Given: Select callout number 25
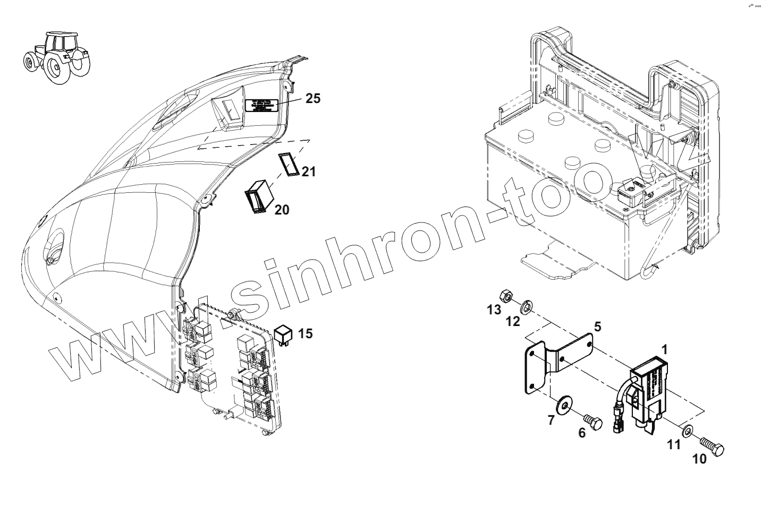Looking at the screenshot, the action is pyautogui.click(x=314, y=98).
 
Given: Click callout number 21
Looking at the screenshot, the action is pyautogui.click(x=308, y=171).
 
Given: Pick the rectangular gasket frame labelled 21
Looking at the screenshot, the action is pyautogui.click(x=289, y=164).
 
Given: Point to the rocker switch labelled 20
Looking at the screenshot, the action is pyautogui.click(x=258, y=196).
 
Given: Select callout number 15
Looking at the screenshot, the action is pyautogui.click(x=305, y=333).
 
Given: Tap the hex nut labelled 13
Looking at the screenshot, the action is pyautogui.click(x=506, y=295).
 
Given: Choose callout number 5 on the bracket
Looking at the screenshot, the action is pyautogui.click(x=597, y=327).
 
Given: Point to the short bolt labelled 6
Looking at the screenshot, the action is pyautogui.click(x=594, y=423).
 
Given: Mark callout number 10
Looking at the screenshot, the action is pyautogui.click(x=700, y=459).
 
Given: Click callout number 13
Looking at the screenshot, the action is pyautogui.click(x=494, y=309).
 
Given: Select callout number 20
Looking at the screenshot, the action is pyautogui.click(x=282, y=210).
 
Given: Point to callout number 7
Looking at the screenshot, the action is pyautogui.click(x=551, y=421).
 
